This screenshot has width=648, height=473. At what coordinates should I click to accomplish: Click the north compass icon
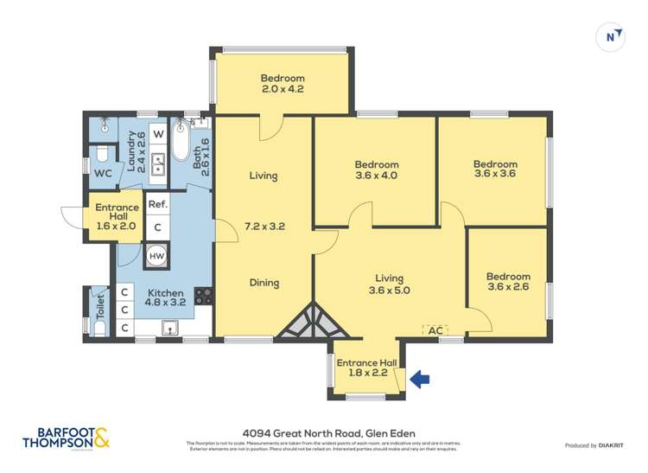[x=612, y=36]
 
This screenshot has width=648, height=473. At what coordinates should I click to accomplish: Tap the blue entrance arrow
[x=419, y=379]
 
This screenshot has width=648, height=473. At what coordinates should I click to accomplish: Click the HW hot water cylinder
[x=156, y=256]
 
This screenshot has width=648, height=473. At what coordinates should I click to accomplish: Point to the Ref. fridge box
[x=156, y=205]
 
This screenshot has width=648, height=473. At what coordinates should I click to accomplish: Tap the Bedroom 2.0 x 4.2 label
[x=283, y=83]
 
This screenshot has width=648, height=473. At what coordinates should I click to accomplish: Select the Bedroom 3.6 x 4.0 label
[x=376, y=170]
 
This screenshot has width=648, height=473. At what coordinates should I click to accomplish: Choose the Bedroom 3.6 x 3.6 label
[x=495, y=169]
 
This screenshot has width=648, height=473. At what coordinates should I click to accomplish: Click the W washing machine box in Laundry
[x=158, y=135]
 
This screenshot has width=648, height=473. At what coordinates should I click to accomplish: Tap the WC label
[x=103, y=174]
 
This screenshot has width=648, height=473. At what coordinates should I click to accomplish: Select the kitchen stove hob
[x=203, y=296]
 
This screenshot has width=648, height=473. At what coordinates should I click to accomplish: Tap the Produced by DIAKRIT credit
[x=594, y=445]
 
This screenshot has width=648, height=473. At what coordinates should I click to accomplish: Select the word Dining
[x=264, y=282]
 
